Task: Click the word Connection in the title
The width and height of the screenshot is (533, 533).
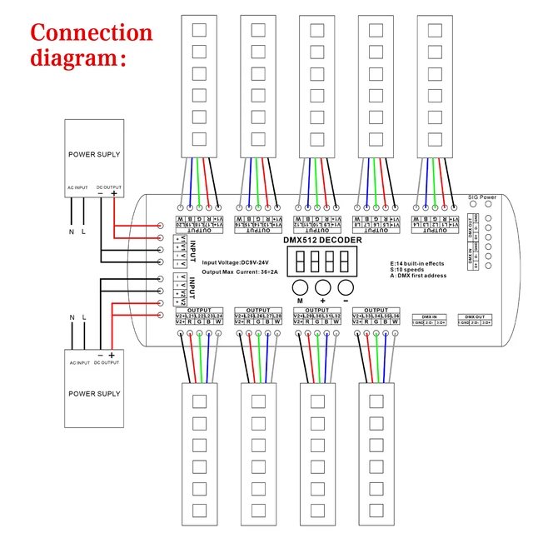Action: (92, 33)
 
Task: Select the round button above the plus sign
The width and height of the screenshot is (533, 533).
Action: (322, 287)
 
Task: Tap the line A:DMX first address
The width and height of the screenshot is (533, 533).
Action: (423, 276)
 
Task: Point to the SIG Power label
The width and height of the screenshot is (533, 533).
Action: (481, 197)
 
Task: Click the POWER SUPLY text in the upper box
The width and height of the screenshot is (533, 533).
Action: (94, 155)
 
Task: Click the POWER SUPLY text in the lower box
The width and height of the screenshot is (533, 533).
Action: (94, 394)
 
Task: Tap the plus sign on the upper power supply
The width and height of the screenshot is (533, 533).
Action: (113, 194)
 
